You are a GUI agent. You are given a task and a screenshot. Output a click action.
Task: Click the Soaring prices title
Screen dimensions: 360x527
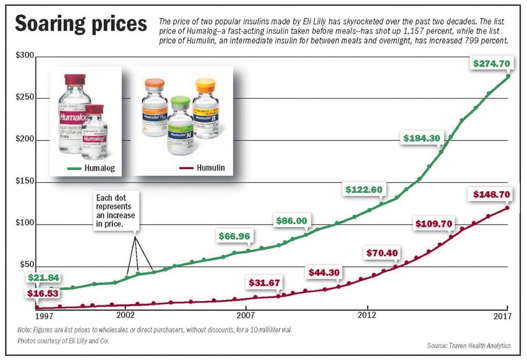tap(81, 25)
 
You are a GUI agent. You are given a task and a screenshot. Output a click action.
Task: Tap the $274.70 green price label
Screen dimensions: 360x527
tap(491, 63)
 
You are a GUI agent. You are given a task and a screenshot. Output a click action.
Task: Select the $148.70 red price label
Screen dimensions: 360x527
tap(491, 194)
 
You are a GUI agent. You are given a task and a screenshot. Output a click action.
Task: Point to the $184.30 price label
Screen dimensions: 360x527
tap(422, 138)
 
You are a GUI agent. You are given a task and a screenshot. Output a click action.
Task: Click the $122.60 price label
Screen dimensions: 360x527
tap(364, 189)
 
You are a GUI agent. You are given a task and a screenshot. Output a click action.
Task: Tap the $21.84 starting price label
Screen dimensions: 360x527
tap(44, 278)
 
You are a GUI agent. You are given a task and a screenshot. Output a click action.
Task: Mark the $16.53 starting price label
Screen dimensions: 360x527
tap(44, 294)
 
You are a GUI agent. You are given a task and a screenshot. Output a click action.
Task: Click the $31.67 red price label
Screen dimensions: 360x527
tap(266, 283)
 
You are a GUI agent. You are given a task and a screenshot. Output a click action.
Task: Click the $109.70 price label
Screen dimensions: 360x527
tap(433, 223)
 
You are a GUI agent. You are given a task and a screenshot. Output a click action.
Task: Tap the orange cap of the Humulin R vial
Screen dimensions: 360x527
tap(205, 84)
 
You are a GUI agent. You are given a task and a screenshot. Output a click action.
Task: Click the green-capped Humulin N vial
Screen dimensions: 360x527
tap(180, 126)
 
